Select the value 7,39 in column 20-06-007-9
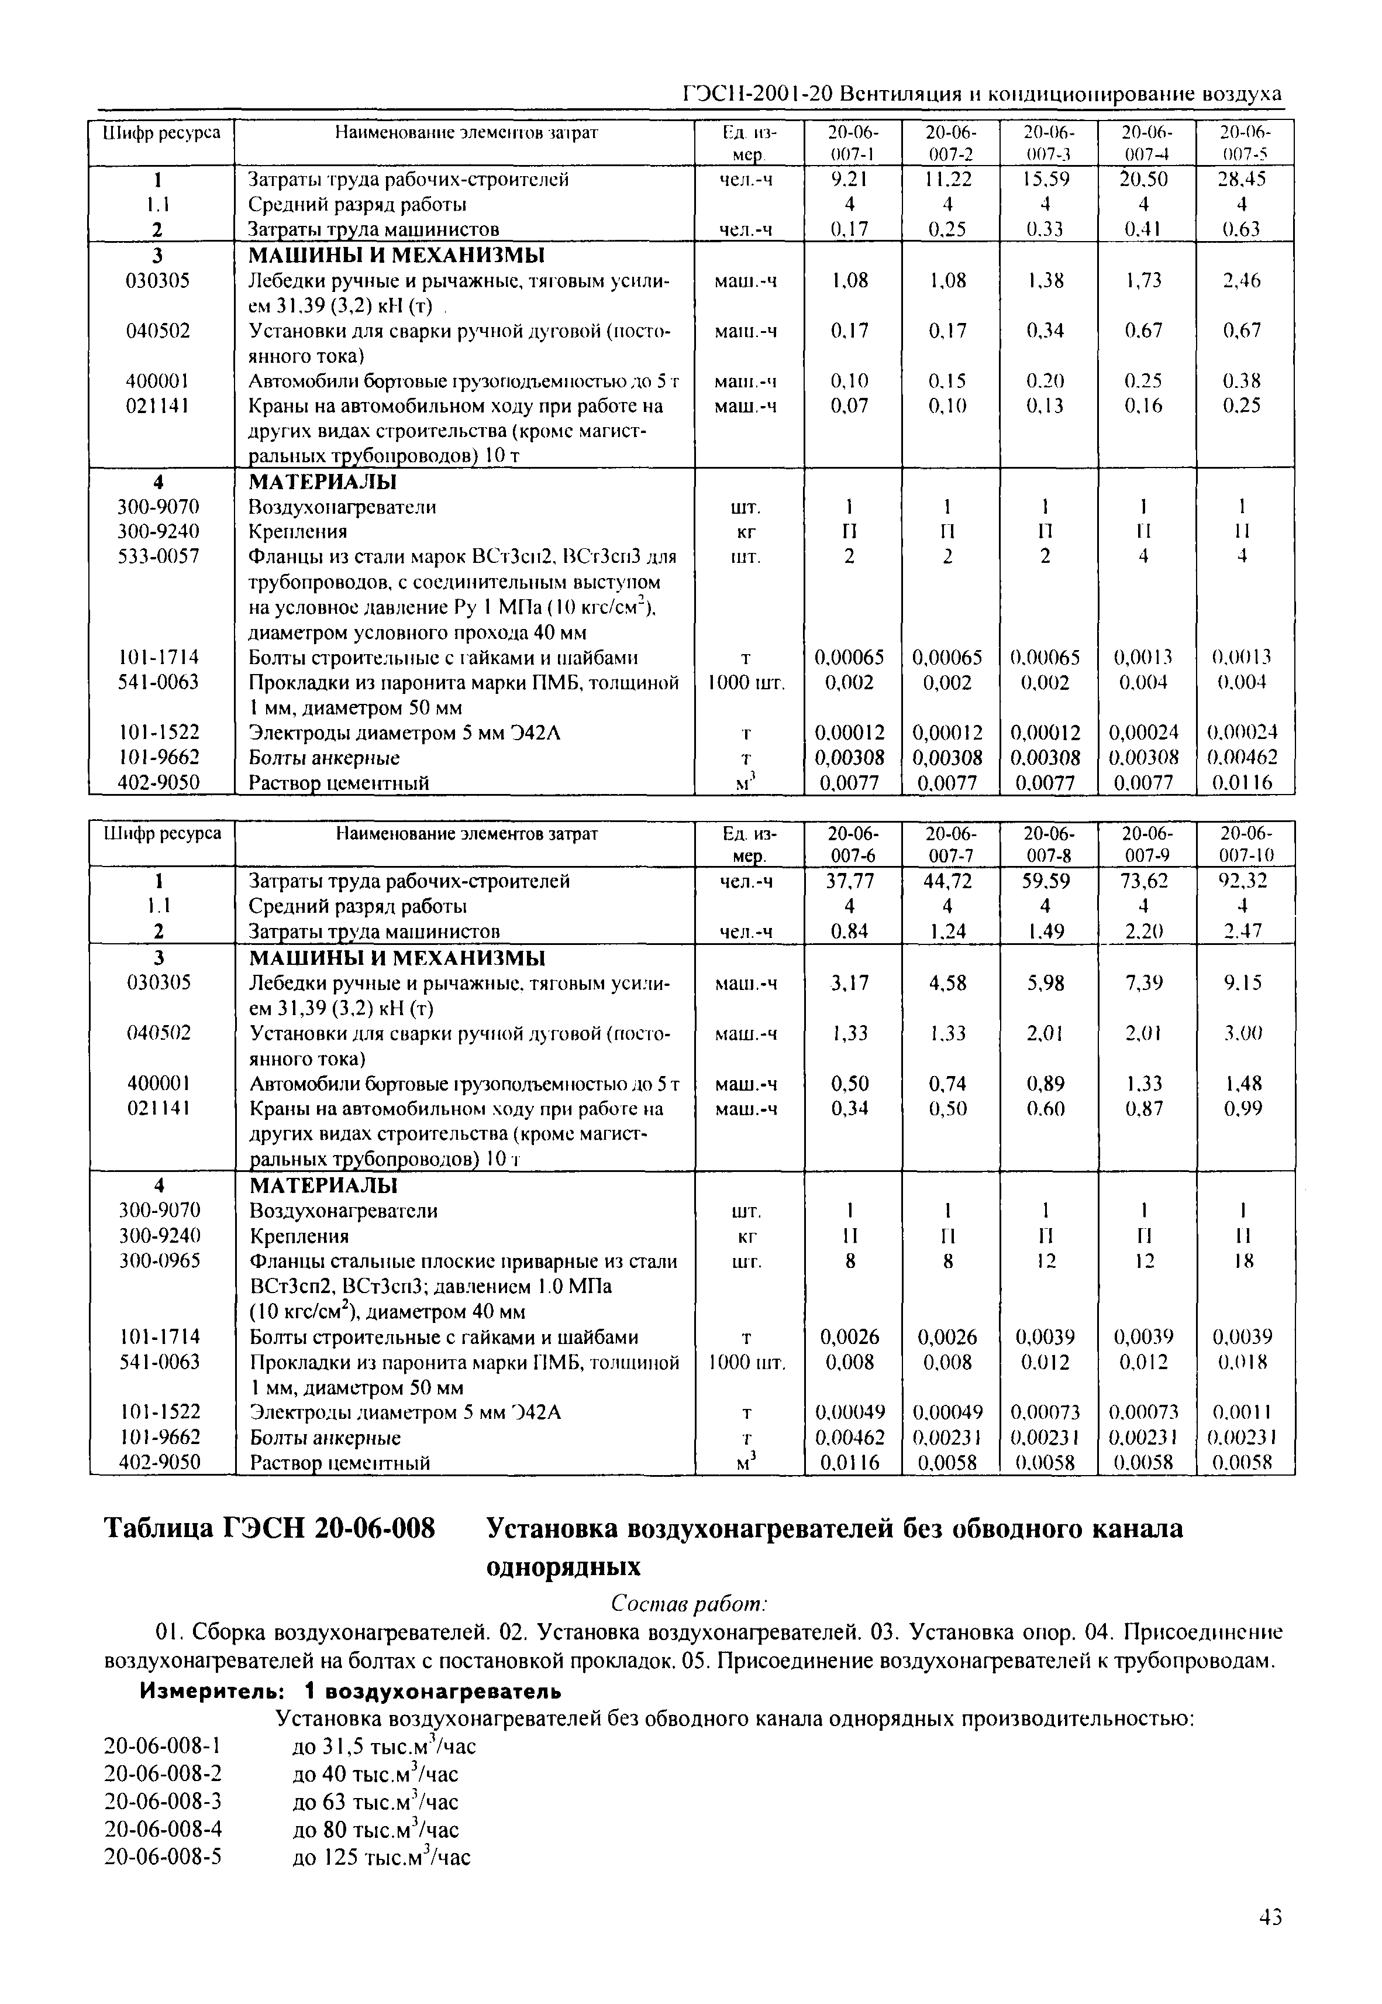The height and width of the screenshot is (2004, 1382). point(1144,983)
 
